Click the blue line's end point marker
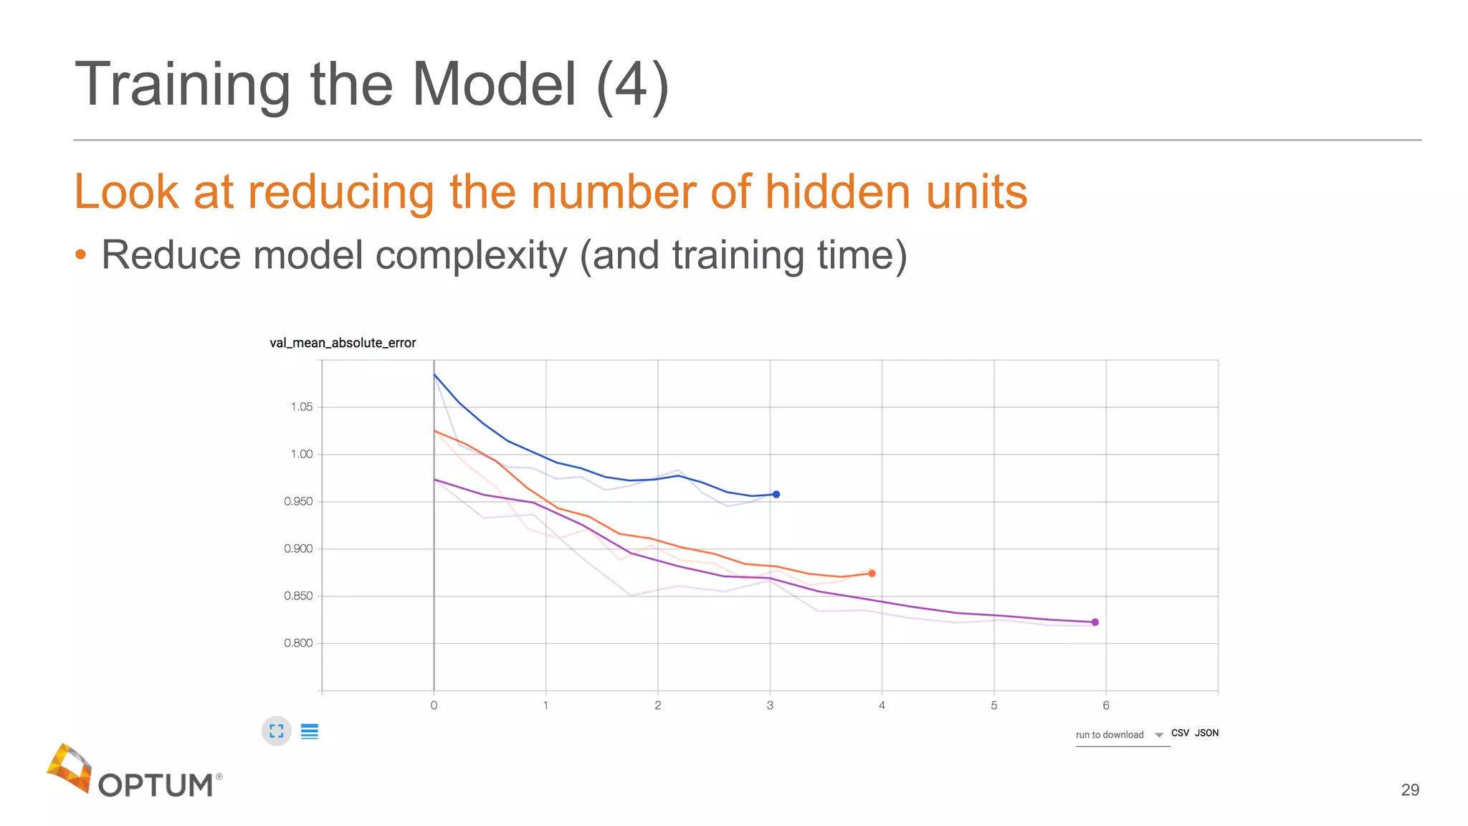pyautogui.click(x=776, y=494)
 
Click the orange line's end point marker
pyautogui.click(x=872, y=573)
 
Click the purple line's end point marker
pyautogui.click(x=1095, y=622)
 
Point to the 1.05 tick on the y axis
pyautogui.click(x=302, y=407)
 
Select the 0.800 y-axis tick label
pyautogui.click(x=298, y=643)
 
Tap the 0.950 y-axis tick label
pyautogui.click(x=298, y=501)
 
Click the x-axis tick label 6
pyautogui.click(x=1106, y=706)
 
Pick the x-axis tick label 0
pyautogui.click(x=434, y=706)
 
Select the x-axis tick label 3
pyautogui.click(x=770, y=706)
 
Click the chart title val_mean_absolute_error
pyautogui.click(x=343, y=343)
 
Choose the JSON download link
pyautogui.click(x=1206, y=733)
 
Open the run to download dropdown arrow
pyautogui.click(x=1159, y=735)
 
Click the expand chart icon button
pyautogui.click(x=277, y=731)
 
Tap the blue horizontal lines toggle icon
pyautogui.click(x=310, y=731)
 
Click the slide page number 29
pyautogui.click(x=1410, y=789)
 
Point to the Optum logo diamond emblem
pyautogui.click(x=70, y=768)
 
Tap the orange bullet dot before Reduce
pyautogui.click(x=81, y=255)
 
